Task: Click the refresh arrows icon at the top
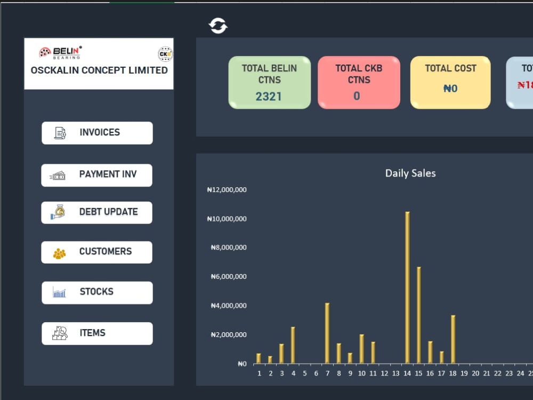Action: pyautogui.click(x=218, y=26)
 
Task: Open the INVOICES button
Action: pyautogui.click(x=97, y=133)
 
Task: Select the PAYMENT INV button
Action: pyautogui.click(x=96, y=175)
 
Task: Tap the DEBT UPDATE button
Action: pyautogui.click(x=96, y=212)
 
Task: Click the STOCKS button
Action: pyautogui.click(x=97, y=292)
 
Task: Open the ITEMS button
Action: pyautogui.click(x=97, y=333)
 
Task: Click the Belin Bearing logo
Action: pyautogui.click(x=60, y=52)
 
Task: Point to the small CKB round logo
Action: pyautogui.click(x=165, y=54)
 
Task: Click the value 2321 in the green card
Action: pyautogui.click(x=269, y=97)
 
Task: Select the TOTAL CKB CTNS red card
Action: pyautogui.click(x=359, y=82)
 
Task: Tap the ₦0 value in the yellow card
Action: pyautogui.click(x=450, y=89)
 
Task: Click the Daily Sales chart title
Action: pyautogui.click(x=410, y=173)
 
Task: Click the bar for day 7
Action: pyautogui.click(x=327, y=333)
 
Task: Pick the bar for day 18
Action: pyautogui.click(x=453, y=339)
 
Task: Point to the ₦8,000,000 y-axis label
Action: pyautogui.click(x=229, y=247)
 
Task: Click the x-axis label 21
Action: pyautogui.click(x=487, y=373)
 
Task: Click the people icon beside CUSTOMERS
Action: pyautogui.click(x=59, y=253)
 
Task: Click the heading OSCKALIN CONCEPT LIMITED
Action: pyautogui.click(x=99, y=70)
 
